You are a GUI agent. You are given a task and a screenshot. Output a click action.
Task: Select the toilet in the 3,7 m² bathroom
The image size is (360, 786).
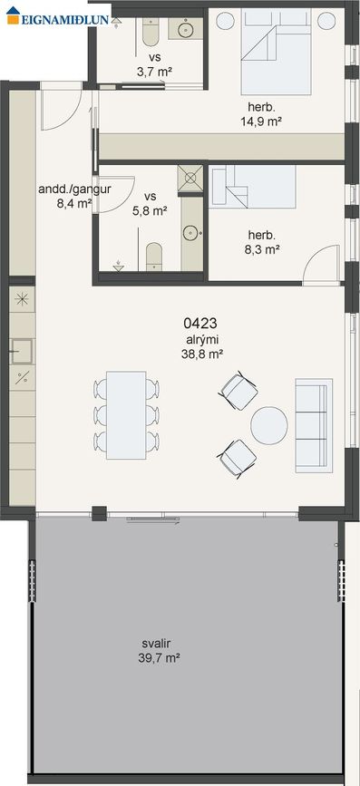point(150,32)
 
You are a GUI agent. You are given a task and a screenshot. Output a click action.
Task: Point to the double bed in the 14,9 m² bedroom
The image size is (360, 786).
point(276,53)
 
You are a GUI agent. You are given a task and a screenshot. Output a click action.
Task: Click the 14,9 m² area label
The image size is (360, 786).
point(260,121)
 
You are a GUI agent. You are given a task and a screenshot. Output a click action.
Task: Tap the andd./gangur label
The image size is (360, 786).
point(74,189)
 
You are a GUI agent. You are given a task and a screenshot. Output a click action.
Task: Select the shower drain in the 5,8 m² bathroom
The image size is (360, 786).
point(190,178)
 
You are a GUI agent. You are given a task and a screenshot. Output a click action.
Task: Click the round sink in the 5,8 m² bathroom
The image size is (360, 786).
point(190,233)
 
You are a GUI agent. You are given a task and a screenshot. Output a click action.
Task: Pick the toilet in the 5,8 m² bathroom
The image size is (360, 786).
point(154,257)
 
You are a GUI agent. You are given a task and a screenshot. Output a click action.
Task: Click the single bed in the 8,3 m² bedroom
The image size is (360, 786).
point(253,187)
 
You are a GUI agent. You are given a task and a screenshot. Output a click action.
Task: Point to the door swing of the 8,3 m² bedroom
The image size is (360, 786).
point(324,264)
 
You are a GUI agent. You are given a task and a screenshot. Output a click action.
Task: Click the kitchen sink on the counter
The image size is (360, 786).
point(22,351)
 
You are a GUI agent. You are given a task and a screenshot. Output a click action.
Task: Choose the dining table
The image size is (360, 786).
point(126,415)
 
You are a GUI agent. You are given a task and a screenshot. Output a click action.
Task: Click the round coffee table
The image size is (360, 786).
point(269,425)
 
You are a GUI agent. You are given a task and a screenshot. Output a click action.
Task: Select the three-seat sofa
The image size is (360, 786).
point(314,425)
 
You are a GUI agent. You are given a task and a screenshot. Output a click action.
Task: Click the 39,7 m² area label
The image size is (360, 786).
point(159,657)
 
